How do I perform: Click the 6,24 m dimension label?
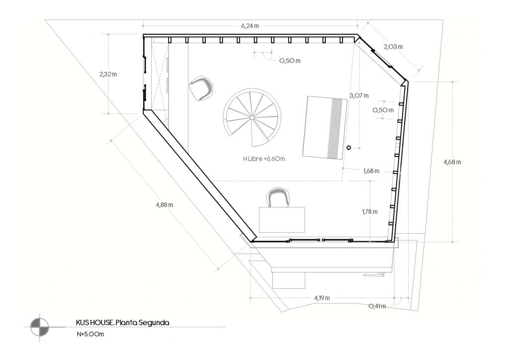(x=250, y=26)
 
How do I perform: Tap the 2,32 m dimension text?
(x=108, y=75)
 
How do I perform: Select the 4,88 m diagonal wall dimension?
(x=164, y=205)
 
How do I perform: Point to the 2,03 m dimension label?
(x=393, y=47)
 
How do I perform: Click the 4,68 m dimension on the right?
(x=452, y=162)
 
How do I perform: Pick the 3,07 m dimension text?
(x=359, y=96)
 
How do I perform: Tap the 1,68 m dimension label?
(x=371, y=171)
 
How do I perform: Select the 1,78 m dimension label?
(x=370, y=212)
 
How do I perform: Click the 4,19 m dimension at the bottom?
(x=322, y=298)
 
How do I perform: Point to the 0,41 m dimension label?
(x=377, y=306)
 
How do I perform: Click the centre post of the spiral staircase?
(x=252, y=117)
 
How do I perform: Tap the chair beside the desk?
(x=277, y=197)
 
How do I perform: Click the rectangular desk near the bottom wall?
(x=282, y=220)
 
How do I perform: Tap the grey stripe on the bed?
(x=336, y=128)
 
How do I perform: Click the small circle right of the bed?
(x=348, y=148)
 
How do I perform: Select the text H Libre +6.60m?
(x=264, y=159)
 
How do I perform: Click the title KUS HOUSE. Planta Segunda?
(x=122, y=323)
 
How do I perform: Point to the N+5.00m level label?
(x=90, y=334)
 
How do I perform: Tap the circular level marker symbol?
(x=40, y=327)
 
